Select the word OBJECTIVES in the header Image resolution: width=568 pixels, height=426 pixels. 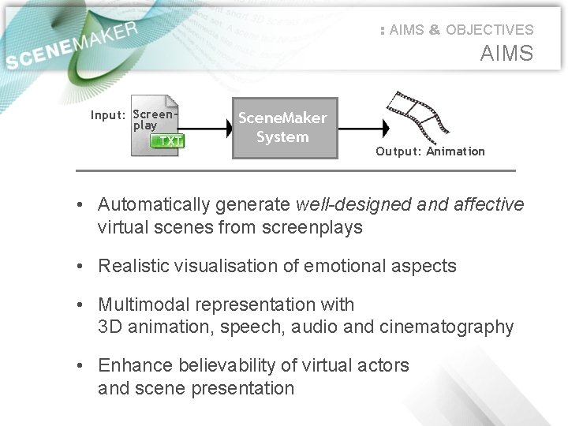(x=489, y=30)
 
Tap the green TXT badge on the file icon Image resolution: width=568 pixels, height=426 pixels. (x=168, y=141)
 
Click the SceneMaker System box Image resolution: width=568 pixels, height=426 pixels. (x=282, y=128)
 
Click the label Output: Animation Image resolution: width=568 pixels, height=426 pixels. (x=430, y=151)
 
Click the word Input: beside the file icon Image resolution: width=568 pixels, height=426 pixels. (x=109, y=115)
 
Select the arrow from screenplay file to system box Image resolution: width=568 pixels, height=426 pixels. (x=207, y=126)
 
